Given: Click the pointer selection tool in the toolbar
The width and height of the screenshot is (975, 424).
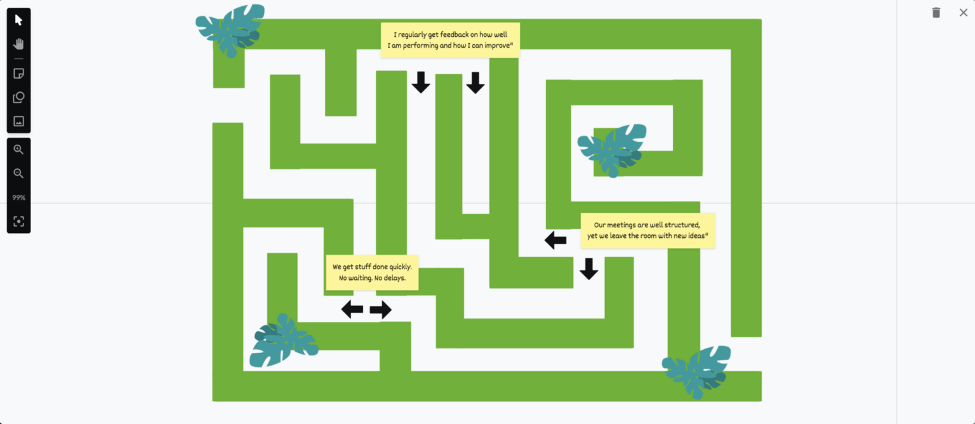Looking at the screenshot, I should click(18, 20).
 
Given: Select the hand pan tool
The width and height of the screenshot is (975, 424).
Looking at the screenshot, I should click(18, 44).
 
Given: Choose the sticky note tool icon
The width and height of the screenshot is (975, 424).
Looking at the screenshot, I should click(18, 74).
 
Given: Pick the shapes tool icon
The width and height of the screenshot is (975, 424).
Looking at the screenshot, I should click(18, 98).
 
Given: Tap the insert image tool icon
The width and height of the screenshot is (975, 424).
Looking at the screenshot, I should click(18, 121).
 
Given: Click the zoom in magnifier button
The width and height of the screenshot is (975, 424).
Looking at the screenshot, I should click(18, 150).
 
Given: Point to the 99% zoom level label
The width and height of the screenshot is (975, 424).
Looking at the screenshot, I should click(18, 198).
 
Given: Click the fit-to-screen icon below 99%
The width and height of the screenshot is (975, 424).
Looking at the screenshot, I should click(18, 222).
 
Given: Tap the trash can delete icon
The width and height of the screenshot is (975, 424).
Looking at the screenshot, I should click(936, 13).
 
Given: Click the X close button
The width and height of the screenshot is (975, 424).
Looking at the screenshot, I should click(963, 13).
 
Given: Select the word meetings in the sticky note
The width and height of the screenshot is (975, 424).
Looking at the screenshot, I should click(625, 225).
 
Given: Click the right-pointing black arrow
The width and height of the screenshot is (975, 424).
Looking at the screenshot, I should click(381, 310).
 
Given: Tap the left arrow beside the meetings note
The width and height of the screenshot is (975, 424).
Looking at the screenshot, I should click(555, 240).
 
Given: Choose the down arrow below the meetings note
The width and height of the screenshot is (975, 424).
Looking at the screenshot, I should click(589, 268).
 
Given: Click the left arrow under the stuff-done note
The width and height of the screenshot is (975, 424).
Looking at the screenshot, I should click(352, 310).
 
